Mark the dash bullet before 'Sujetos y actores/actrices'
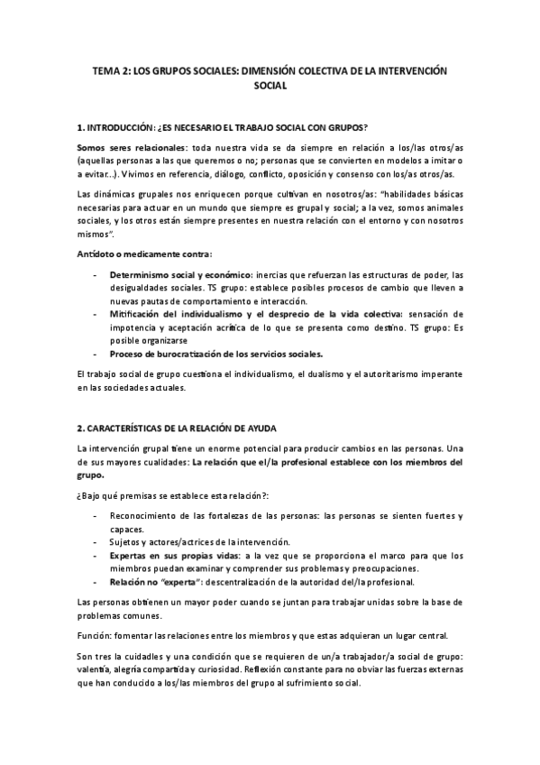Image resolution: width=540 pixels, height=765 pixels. coord(96,541)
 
